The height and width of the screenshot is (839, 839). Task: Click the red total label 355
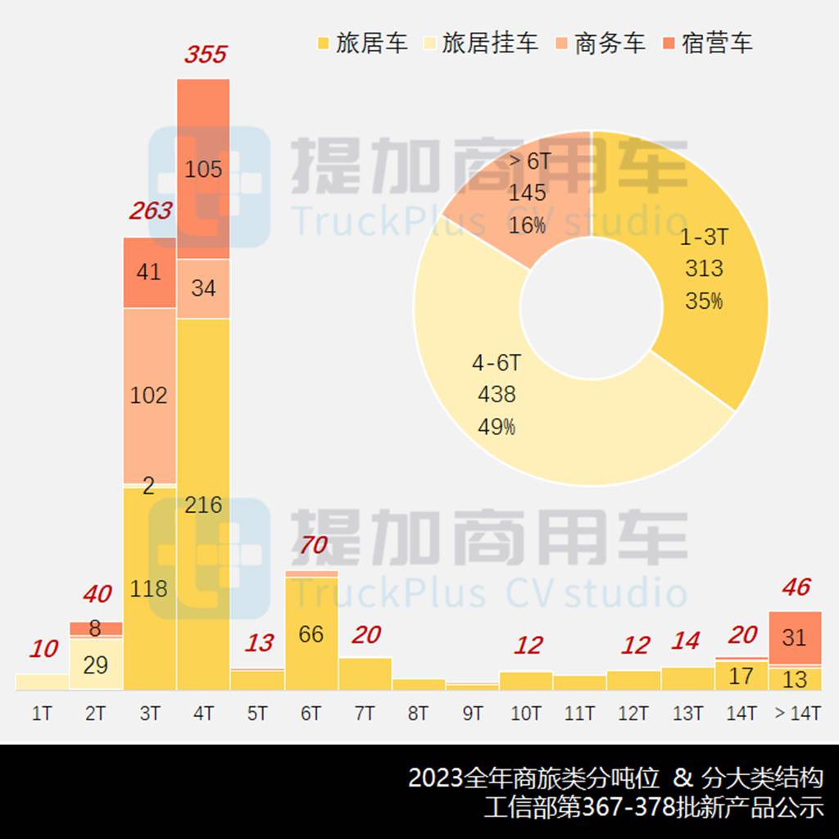[205, 55]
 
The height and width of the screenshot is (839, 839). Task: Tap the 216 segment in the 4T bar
[203, 504]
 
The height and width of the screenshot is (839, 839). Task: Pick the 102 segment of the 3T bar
[149, 395]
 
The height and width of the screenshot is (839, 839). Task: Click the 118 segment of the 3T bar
[149, 588]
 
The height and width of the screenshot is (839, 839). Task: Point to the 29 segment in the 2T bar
[96, 664]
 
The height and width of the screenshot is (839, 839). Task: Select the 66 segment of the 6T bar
[311, 634]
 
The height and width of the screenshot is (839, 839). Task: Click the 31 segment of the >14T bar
[795, 637]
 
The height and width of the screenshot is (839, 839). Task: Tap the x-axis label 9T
[473, 714]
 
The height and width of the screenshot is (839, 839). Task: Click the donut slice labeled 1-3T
[705, 270]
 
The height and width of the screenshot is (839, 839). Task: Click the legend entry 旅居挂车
[481, 43]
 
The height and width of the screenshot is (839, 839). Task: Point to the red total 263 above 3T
[151, 211]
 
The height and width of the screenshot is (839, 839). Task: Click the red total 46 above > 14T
[796, 587]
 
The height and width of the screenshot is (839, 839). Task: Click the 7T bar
[365, 673]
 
